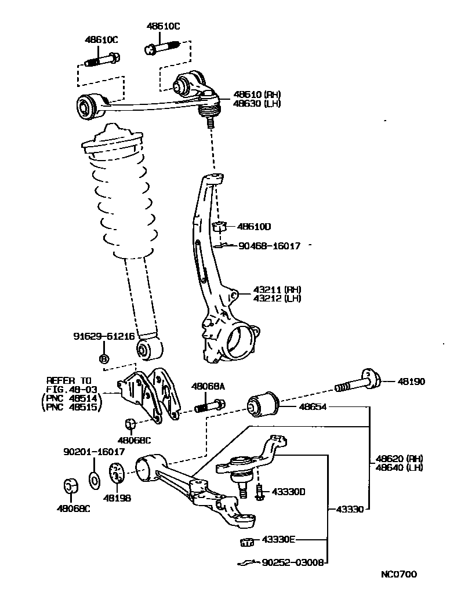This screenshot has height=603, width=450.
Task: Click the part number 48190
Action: [x=411, y=382]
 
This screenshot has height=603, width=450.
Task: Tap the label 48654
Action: [x=313, y=407]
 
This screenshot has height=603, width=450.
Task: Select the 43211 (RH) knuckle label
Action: [x=277, y=289]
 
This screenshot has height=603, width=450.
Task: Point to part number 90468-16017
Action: [x=270, y=246]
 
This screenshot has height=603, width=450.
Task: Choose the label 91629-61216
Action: [x=104, y=336]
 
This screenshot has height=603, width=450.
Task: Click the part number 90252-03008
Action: [x=293, y=562]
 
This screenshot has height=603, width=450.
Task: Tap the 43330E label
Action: [x=278, y=539]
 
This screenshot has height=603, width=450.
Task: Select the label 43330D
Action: [x=288, y=492]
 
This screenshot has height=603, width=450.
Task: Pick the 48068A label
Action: [x=208, y=386]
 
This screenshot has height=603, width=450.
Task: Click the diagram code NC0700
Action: [x=398, y=575]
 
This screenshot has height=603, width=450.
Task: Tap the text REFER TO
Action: [x=69, y=380]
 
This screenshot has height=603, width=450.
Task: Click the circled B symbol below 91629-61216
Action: [x=104, y=359]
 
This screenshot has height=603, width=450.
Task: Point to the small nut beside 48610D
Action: [x=219, y=226]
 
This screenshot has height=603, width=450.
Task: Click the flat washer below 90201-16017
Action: [x=93, y=480]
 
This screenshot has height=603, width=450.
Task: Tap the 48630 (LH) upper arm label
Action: [x=257, y=104]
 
